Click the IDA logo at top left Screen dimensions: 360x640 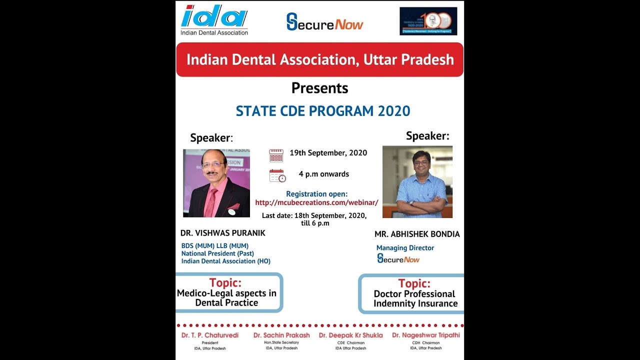214,20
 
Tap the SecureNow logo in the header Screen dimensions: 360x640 324,22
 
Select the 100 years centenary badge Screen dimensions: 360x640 428,21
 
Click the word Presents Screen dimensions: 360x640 319,88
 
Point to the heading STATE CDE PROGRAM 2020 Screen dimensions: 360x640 323,111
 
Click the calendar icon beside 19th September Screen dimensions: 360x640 276,155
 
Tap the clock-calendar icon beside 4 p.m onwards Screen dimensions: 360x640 277,175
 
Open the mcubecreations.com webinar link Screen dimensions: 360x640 316,202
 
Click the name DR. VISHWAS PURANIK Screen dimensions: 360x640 223,233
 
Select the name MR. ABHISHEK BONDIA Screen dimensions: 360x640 417,234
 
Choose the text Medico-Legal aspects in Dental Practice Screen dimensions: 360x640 226,298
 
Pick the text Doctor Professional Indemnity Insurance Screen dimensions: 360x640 415,298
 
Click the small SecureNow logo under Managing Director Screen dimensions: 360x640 398,258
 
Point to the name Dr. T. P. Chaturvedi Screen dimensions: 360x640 210,335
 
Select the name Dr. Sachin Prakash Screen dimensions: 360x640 281,335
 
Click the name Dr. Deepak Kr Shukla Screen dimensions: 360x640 350,335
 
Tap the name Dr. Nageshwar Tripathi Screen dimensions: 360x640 426,335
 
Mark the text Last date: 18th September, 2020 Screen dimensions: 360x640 314,215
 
